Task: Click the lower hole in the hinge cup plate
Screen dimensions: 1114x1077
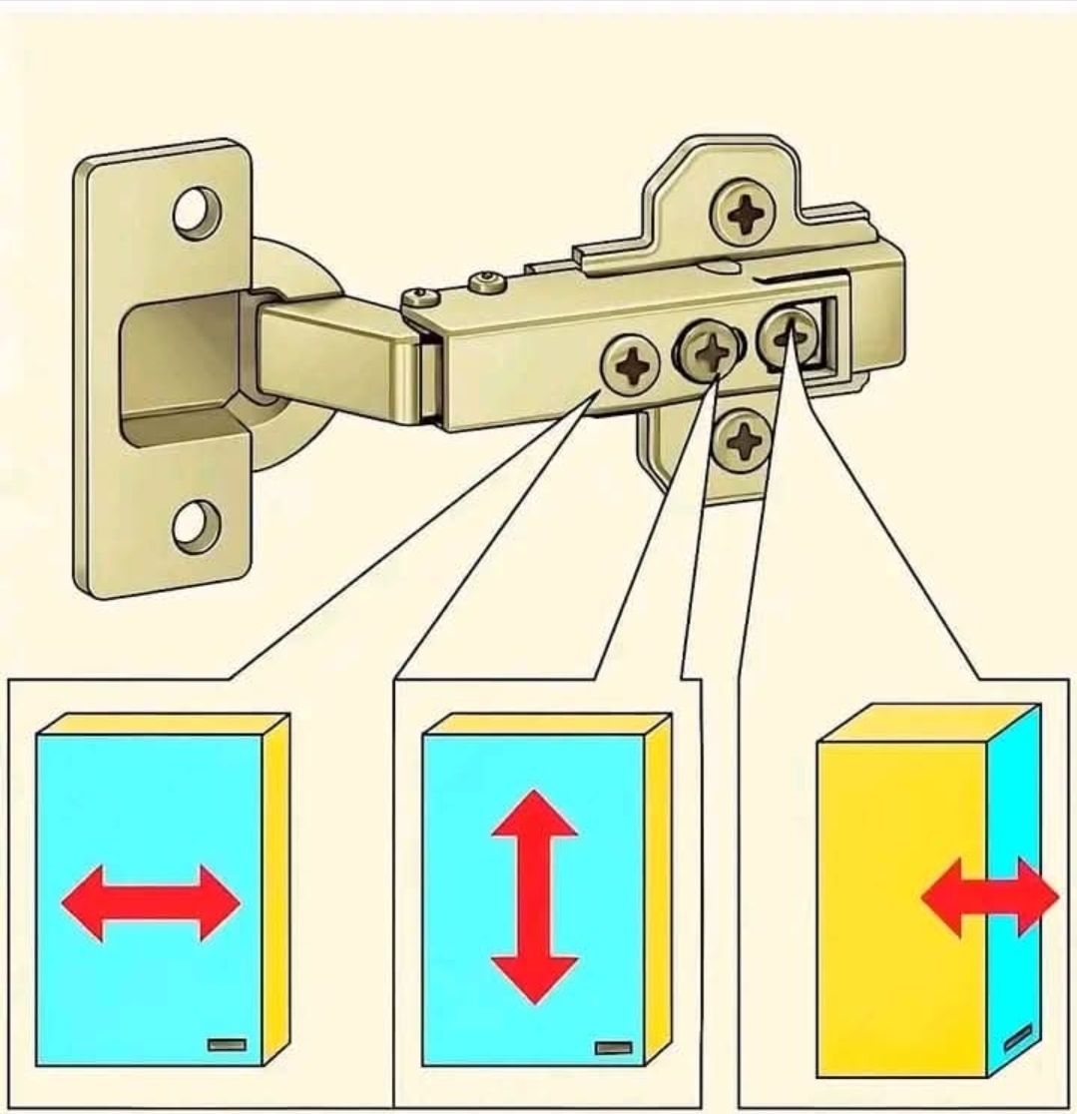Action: pyautogui.click(x=196, y=525)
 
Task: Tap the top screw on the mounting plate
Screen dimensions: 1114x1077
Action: pyautogui.click(x=744, y=213)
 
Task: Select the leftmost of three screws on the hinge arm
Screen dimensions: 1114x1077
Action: pyautogui.click(x=631, y=363)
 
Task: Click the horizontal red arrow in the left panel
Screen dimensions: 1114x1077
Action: pyautogui.click(x=151, y=902)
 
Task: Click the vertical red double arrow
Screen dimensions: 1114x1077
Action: pyautogui.click(x=535, y=896)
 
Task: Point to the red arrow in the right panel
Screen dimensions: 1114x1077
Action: pyautogui.click(x=989, y=896)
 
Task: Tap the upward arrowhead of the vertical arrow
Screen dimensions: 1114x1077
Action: pyautogui.click(x=535, y=813)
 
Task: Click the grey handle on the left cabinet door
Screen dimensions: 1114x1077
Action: pyautogui.click(x=227, y=1044)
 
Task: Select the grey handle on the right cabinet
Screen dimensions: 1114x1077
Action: pyautogui.click(x=1017, y=1037)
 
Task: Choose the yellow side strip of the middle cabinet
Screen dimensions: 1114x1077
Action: pyautogui.click(x=656, y=888)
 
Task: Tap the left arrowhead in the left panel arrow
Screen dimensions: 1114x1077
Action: pyautogui.click(x=85, y=902)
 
